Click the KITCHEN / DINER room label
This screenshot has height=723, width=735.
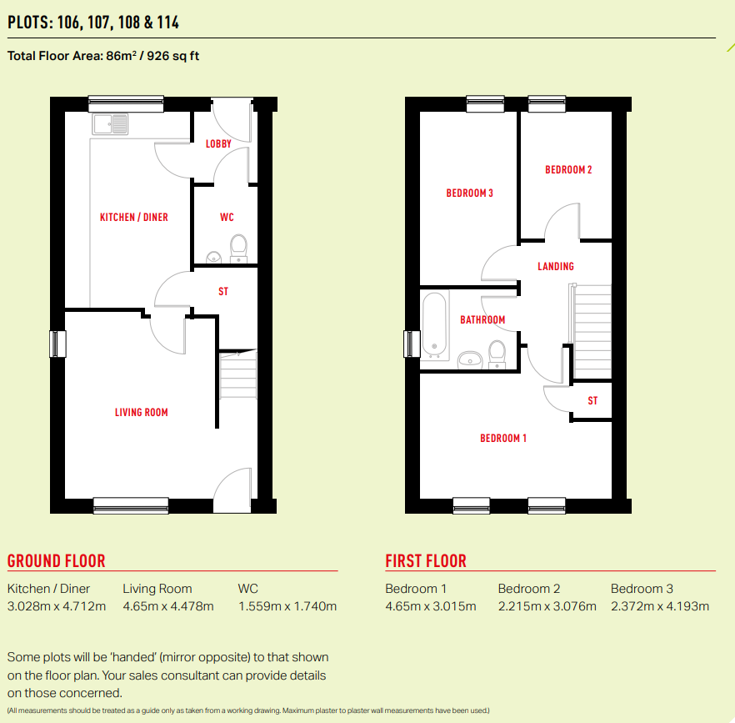click(x=134, y=218)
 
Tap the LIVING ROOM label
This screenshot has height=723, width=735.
click(x=142, y=412)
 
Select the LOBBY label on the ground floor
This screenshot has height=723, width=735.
click(x=218, y=144)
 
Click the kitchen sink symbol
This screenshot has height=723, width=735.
click(x=111, y=124)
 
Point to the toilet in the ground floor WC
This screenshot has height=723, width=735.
click(x=239, y=247)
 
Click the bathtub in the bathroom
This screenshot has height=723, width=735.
click(x=434, y=324)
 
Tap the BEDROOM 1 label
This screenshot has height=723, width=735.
click(x=503, y=439)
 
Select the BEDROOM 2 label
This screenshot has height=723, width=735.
click(x=568, y=170)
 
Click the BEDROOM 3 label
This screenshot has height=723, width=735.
click(x=470, y=193)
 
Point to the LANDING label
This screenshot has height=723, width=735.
click(x=556, y=267)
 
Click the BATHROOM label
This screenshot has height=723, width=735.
click(x=482, y=320)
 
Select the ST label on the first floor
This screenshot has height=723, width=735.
click(x=592, y=401)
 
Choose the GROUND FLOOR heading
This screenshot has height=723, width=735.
click(x=57, y=561)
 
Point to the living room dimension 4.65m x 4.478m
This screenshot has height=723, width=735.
click(x=168, y=606)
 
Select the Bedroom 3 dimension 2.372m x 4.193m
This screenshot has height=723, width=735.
click(x=660, y=606)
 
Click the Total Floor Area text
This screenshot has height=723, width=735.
click(x=103, y=57)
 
